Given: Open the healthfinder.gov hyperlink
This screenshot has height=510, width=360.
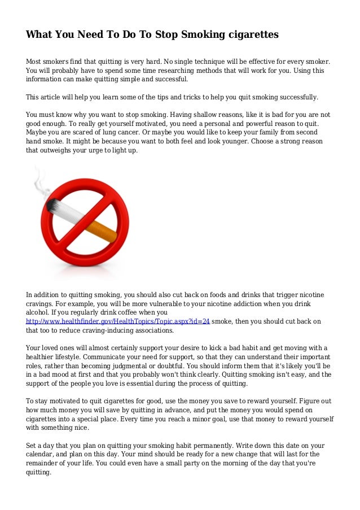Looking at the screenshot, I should (x=118, y=321).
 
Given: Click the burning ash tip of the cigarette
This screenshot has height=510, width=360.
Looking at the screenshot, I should (x=51, y=205).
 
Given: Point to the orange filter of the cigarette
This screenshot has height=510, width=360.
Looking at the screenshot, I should (x=102, y=230).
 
